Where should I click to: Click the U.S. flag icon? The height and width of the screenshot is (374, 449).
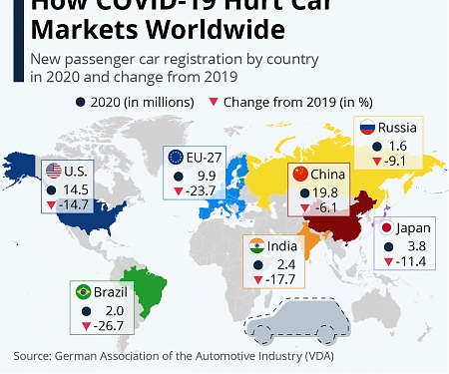(x=53, y=170)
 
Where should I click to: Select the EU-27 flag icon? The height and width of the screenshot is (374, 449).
(x=177, y=157)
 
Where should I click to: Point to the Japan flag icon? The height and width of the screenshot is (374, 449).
(x=383, y=228)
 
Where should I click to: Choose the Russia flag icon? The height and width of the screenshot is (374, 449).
(x=368, y=129)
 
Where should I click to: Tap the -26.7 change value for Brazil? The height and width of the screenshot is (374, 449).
(x=108, y=326)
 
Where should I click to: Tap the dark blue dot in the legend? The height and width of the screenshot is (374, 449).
(x=79, y=101)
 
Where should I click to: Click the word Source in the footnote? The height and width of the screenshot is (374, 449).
(x=34, y=355)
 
